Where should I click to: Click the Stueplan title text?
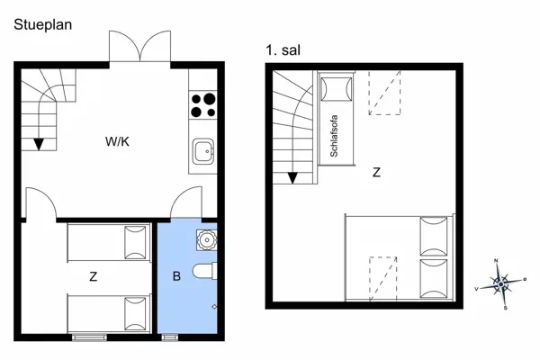coord(43,25)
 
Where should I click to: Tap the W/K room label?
coord(117,141)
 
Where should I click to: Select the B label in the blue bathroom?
coord(176,276)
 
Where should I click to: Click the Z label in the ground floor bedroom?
coord(94,277)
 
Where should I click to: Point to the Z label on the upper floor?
coord(375,172)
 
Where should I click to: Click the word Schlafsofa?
coord(334,136)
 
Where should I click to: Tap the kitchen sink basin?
coord(203,150)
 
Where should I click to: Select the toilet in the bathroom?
coord(205,271)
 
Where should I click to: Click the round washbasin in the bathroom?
coord(207,239)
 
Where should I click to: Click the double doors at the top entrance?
coord(139,47)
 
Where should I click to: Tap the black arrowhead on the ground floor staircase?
coord(39,142)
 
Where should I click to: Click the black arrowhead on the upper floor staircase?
coord(292,176)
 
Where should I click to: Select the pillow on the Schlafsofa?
coord(337,88)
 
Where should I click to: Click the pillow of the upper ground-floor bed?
coord(136,242)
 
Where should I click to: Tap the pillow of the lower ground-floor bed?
coord(136,312)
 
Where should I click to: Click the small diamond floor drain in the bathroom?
coord(213,306)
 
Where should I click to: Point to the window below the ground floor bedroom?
coord(90,337)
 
